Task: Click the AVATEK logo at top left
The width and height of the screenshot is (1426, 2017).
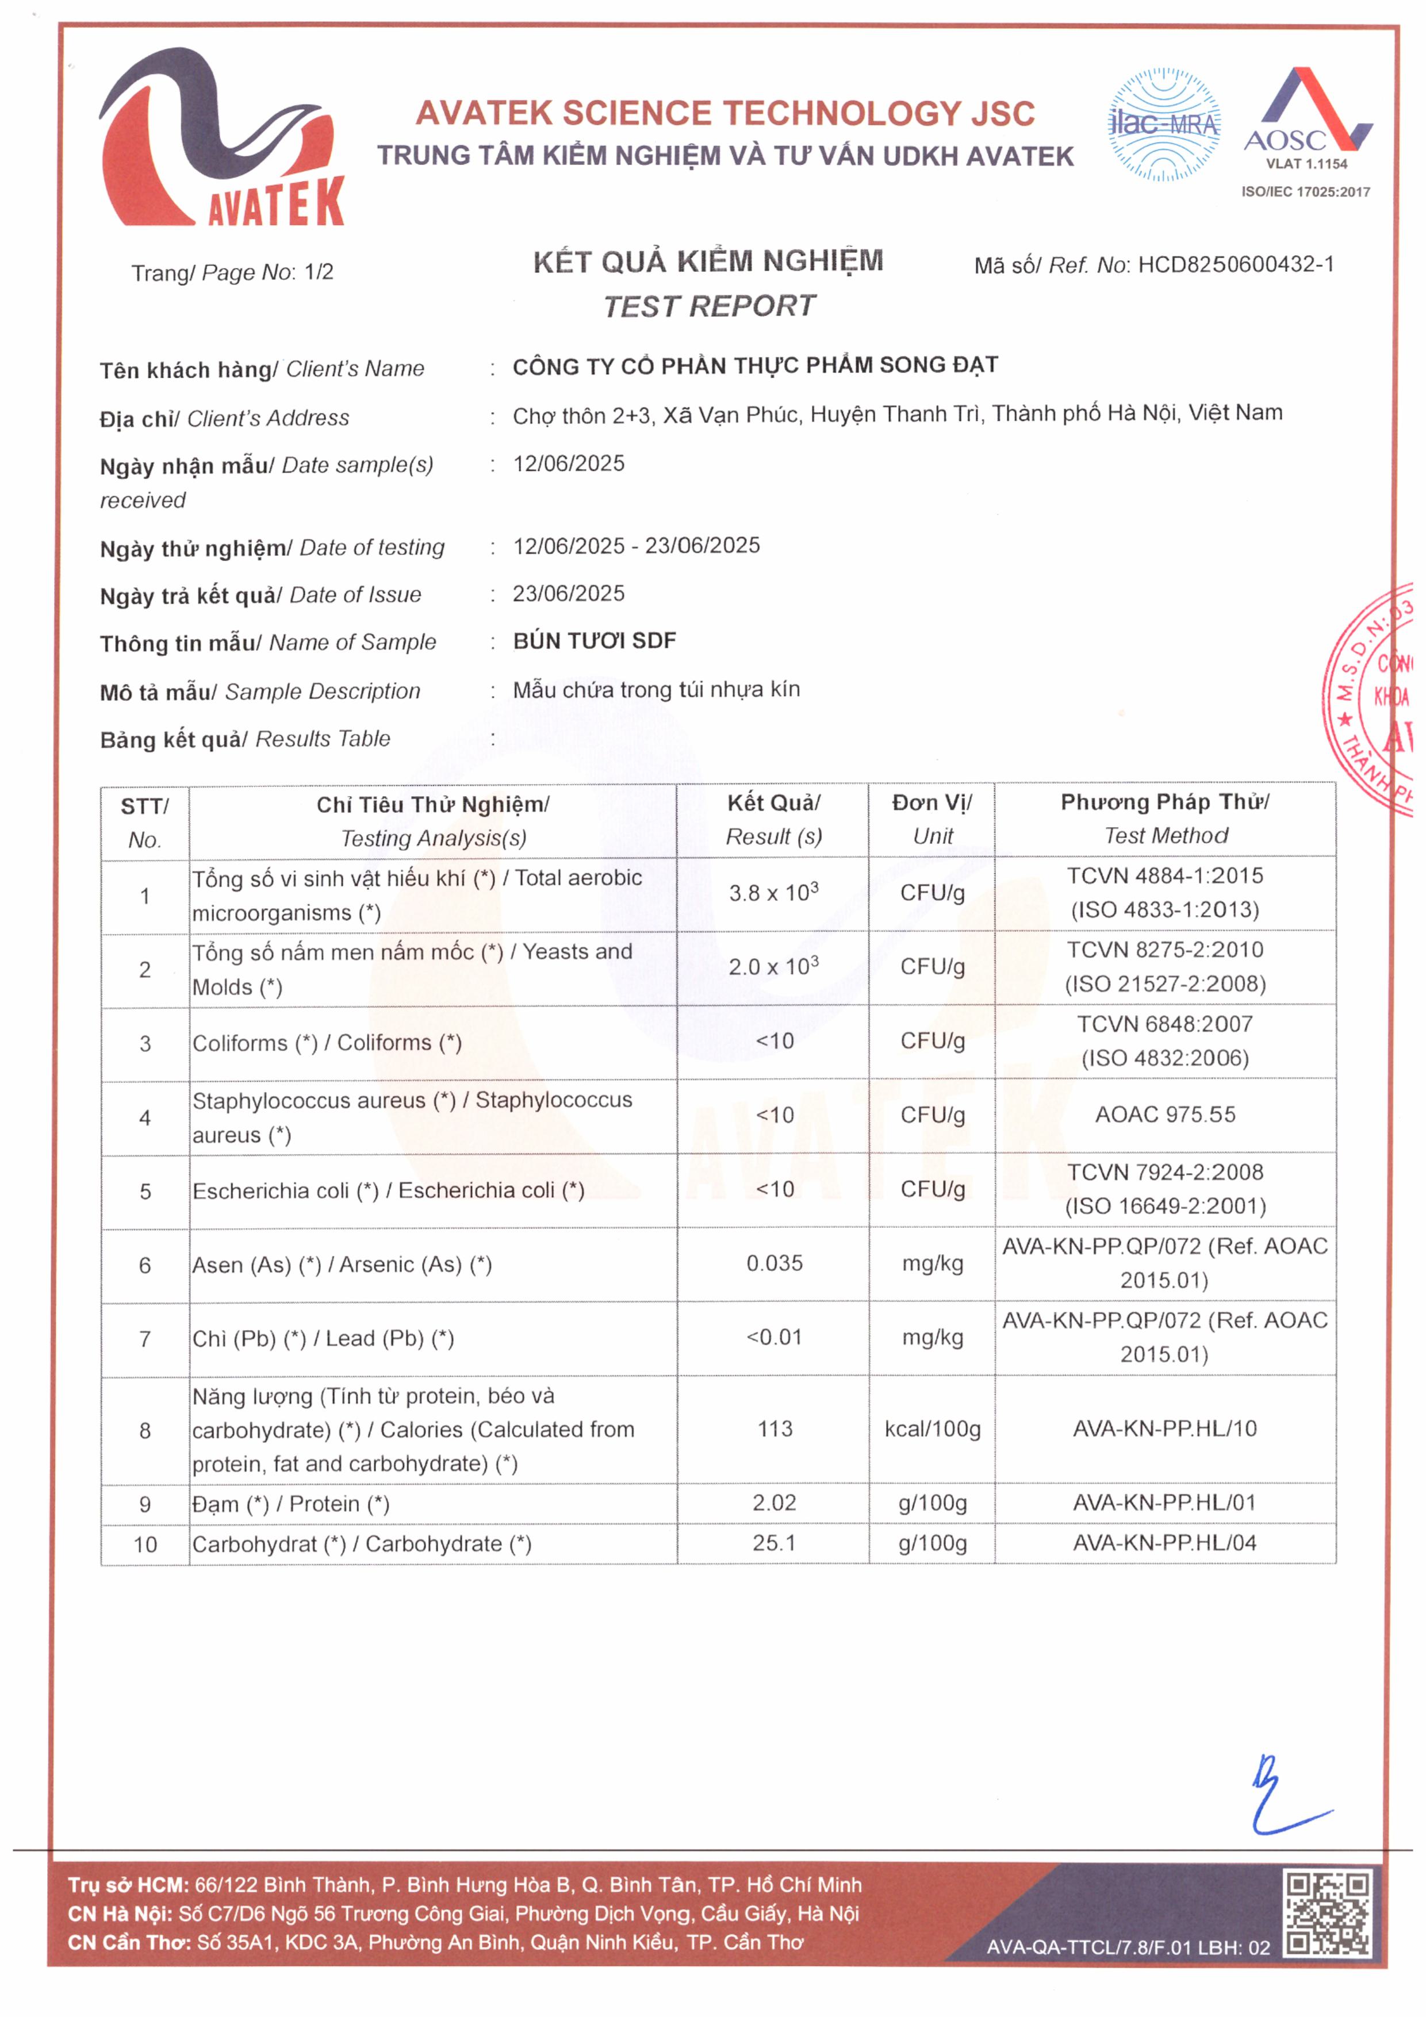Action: tap(221, 139)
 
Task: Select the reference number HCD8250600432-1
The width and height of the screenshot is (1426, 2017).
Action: tap(1235, 264)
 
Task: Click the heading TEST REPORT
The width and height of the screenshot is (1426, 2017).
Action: tap(709, 306)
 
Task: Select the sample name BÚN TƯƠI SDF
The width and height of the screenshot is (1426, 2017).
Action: tap(594, 641)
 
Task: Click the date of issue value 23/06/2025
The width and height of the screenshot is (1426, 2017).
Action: tap(569, 594)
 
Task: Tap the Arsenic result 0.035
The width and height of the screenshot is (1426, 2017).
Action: tap(774, 1263)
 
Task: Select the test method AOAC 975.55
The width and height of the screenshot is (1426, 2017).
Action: tap(1165, 1115)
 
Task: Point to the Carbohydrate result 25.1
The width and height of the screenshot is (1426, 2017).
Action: tap(774, 1543)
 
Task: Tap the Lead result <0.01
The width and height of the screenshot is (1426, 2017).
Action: tap(774, 1337)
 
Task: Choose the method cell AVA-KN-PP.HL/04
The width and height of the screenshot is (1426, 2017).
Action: tap(1165, 1543)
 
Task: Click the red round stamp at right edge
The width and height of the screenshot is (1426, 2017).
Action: tap(1375, 698)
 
